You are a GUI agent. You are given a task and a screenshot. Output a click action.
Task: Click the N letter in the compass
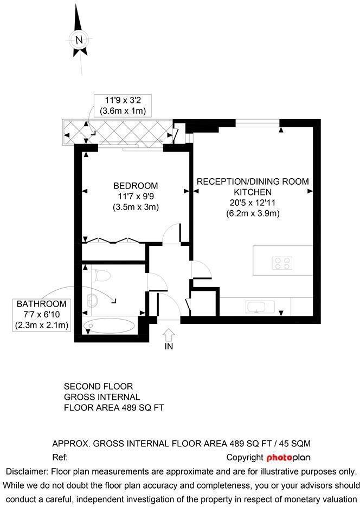pos(80,40)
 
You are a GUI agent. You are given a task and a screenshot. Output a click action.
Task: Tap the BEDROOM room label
pos(136,186)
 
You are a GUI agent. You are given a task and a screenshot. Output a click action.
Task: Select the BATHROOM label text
pos(42,304)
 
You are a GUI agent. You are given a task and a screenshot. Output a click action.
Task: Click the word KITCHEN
pos(253,192)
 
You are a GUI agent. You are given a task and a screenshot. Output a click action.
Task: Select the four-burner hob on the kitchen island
pos(282,263)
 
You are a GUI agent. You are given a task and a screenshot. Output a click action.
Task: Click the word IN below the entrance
pos(169,346)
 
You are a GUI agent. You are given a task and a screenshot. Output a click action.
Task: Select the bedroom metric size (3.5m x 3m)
pos(136,207)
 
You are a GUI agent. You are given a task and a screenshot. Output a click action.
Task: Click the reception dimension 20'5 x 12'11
pos(253,203)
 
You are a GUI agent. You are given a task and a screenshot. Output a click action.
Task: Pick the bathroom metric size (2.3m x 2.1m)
pos(42,325)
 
